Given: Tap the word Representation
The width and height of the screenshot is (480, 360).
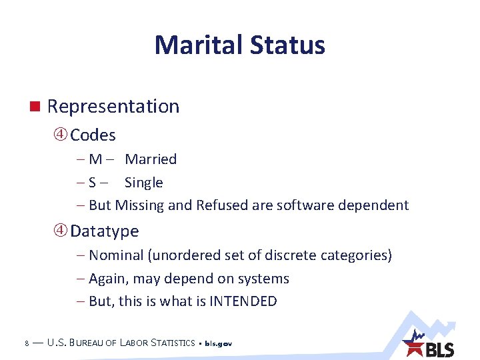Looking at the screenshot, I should coord(113,107).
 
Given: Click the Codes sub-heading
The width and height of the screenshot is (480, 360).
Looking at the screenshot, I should coord(93,135).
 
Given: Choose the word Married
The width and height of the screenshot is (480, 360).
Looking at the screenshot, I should coord(151,159).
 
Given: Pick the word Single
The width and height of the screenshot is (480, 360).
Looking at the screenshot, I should coord(143,183).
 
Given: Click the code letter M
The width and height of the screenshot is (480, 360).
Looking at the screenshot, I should coord(95,159).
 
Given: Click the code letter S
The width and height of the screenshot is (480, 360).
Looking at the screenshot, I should coord(93,183).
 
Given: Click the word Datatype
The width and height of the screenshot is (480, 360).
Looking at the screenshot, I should coord(105,231).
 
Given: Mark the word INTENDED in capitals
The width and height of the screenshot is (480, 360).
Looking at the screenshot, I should coord(243,301).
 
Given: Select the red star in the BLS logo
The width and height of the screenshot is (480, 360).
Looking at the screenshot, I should coord(414,347).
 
